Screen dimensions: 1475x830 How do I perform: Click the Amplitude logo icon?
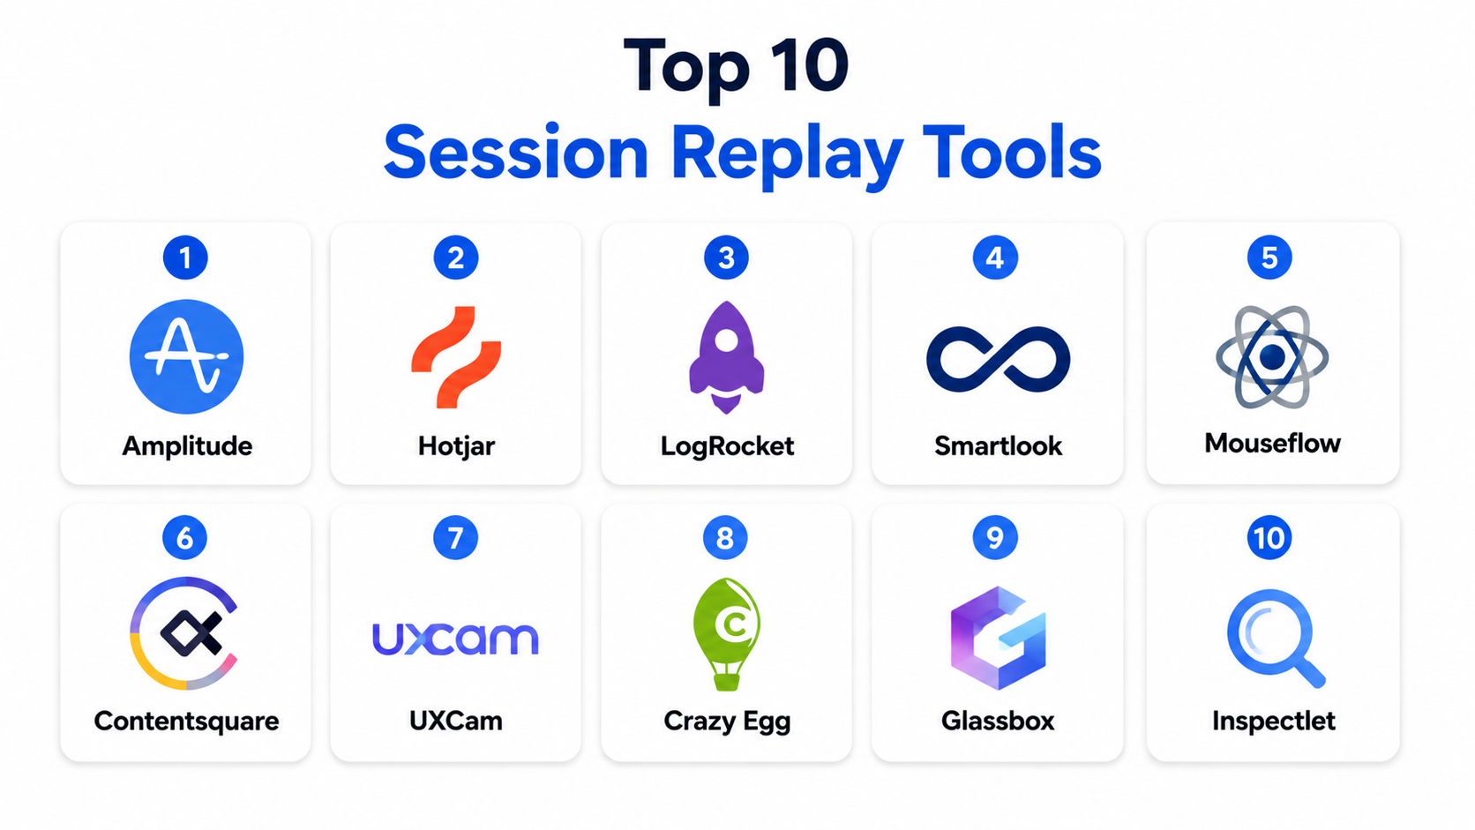click(x=186, y=356)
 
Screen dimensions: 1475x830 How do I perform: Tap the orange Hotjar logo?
click(x=456, y=356)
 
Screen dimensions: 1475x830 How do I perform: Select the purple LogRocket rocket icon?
click(x=726, y=357)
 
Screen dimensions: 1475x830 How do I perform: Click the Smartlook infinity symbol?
click(x=998, y=359)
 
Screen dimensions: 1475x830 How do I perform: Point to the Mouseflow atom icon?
click(x=1272, y=357)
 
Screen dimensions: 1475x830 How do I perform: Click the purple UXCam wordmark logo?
click(x=456, y=639)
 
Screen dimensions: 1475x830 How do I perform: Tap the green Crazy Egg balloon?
click(x=727, y=634)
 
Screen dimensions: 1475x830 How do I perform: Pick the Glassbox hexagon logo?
click(x=998, y=638)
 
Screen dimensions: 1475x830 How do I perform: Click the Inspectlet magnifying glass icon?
click(x=1274, y=637)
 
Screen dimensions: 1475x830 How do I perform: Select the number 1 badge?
click(x=185, y=258)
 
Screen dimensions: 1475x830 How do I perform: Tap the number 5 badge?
click(x=1269, y=258)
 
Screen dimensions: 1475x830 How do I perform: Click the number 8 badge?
click(x=725, y=538)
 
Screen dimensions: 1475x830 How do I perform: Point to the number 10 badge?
click(x=1269, y=538)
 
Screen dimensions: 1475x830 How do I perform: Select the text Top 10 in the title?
click(x=737, y=67)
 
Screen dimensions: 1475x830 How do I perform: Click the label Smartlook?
click(x=999, y=446)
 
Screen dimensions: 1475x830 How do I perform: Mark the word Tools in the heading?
click(x=1012, y=153)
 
